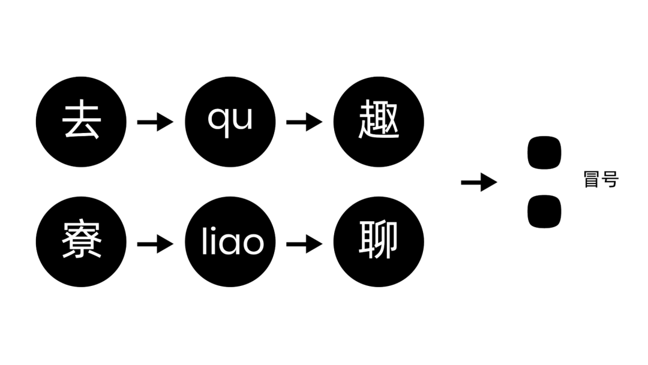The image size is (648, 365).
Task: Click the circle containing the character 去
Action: click(82, 122)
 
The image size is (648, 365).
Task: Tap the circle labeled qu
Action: click(230, 122)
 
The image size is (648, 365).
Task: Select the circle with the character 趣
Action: click(379, 122)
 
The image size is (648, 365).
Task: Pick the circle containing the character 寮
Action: click(82, 242)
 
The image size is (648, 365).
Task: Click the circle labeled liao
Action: click(230, 242)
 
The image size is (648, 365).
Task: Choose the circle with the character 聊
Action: click(379, 242)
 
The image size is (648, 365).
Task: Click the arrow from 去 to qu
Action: click(155, 122)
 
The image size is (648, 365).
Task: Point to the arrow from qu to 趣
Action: click(304, 122)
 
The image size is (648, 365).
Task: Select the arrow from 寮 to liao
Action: click(155, 243)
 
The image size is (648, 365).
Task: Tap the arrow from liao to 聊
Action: click(304, 243)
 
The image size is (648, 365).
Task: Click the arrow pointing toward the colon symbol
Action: click(479, 182)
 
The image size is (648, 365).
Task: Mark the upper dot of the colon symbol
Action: click(544, 152)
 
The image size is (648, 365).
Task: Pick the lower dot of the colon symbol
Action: click(544, 212)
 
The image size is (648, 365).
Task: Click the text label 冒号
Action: click(601, 179)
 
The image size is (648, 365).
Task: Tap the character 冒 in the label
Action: click(592, 179)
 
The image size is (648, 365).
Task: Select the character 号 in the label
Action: click(610, 179)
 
